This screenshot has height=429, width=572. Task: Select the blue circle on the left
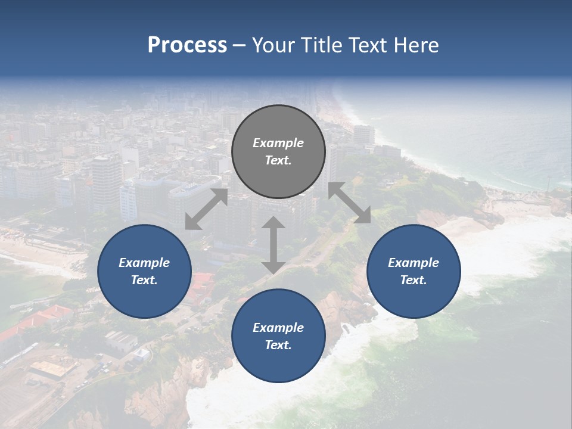(144, 271)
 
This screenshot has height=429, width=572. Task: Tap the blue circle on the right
(414, 271)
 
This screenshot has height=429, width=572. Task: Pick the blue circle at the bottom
(278, 335)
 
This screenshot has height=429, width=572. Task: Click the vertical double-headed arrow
(273, 245)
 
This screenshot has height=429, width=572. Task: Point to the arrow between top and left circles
(206, 209)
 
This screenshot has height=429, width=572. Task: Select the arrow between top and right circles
(350, 203)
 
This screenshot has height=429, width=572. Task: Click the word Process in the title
(187, 45)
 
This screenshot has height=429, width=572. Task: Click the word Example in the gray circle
(278, 143)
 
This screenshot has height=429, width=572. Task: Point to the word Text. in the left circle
(144, 280)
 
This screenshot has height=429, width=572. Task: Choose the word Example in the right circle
(414, 263)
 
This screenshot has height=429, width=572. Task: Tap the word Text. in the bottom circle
(278, 345)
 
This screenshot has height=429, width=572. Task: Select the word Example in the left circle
(144, 263)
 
